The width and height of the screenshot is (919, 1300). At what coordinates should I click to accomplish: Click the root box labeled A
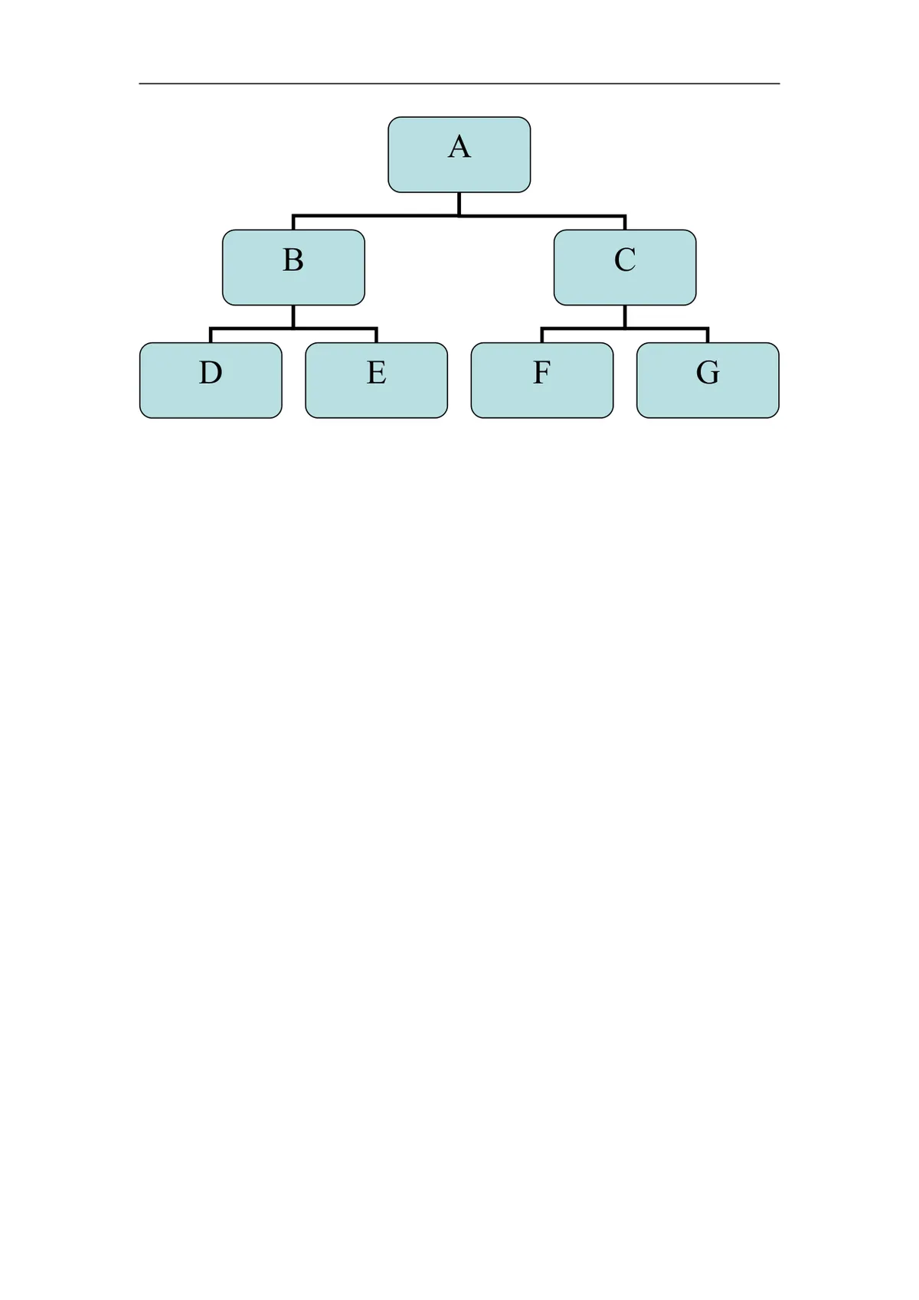click(459, 155)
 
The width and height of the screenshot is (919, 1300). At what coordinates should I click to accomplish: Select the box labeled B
click(293, 267)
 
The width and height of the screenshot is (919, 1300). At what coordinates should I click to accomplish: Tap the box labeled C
click(625, 267)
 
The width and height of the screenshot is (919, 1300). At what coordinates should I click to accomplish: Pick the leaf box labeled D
click(211, 381)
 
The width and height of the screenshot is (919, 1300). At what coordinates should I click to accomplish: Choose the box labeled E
click(376, 381)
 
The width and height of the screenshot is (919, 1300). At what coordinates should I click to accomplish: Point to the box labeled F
click(541, 381)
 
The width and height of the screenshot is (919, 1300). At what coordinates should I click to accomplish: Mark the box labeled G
click(708, 381)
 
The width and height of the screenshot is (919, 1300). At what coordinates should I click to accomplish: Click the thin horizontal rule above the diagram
click(459, 83)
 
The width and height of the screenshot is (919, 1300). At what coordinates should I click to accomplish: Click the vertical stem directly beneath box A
click(459, 204)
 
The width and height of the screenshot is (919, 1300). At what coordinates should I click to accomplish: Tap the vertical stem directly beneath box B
click(293, 316)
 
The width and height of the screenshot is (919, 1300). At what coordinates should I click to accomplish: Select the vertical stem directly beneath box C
click(625, 316)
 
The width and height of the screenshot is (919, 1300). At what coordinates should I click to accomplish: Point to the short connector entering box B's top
click(293, 223)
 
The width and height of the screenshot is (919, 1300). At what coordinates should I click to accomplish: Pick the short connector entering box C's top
click(625, 223)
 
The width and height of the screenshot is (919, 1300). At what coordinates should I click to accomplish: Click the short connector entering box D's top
click(211, 335)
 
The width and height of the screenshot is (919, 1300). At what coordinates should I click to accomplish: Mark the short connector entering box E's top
click(376, 335)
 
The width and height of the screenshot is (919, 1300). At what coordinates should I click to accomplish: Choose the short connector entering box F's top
click(541, 335)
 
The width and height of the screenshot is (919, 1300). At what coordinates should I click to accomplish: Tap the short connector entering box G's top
click(708, 335)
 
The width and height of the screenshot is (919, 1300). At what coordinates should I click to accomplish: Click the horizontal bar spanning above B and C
click(459, 216)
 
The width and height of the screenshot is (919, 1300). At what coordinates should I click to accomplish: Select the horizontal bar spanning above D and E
click(293, 328)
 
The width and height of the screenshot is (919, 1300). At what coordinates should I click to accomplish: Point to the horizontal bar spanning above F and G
click(625, 328)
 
